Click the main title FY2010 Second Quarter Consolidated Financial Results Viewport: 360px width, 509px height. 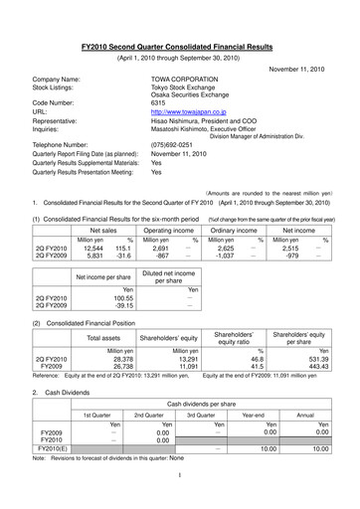pos(180,47)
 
